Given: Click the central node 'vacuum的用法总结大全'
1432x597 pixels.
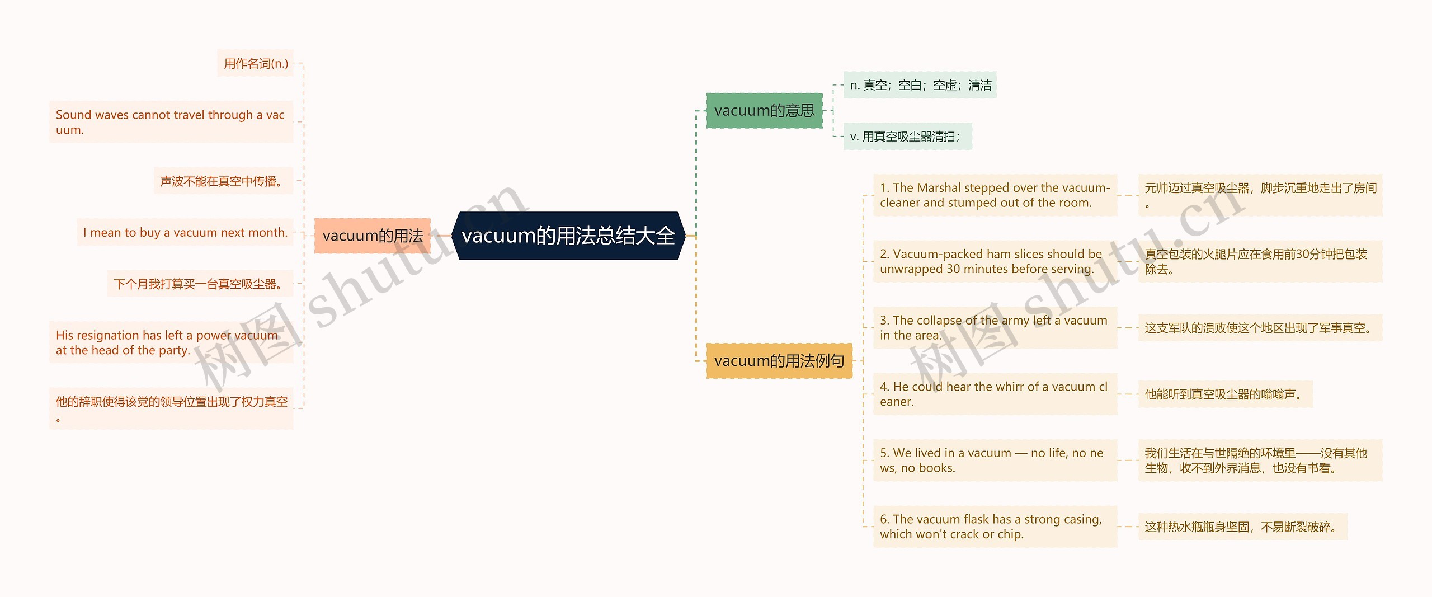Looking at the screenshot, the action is click(568, 236).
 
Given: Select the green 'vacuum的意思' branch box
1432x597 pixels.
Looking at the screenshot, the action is click(764, 111).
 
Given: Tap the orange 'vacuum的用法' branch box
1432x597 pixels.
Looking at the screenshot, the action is click(373, 236).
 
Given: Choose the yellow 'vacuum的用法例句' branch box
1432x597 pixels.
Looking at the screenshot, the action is click(779, 361).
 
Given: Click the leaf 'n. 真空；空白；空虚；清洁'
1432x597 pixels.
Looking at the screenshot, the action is click(920, 85).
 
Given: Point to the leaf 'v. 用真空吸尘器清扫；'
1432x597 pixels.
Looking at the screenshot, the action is click(907, 137).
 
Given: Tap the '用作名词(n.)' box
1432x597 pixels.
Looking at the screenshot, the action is click(256, 64).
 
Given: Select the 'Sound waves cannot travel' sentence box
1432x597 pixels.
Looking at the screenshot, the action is click(171, 122).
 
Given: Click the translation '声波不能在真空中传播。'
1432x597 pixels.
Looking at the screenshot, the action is click(223, 181).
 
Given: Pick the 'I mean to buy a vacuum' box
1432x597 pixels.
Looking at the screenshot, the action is click(185, 232).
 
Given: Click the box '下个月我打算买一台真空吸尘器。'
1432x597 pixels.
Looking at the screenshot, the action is click(200, 284).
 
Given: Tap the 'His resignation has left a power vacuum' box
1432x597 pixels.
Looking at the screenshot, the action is click(171, 342).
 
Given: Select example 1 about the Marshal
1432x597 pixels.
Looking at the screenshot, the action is click(995, 195).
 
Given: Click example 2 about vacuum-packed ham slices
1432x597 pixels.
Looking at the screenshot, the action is click(995, 261).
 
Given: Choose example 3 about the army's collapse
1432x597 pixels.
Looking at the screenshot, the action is click(995, 328).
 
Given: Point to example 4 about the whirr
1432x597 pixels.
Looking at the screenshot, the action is click(995, 394).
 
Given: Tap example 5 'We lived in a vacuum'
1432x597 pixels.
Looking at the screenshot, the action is click(995, 460).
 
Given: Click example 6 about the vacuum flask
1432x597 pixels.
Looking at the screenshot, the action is click(995, 527).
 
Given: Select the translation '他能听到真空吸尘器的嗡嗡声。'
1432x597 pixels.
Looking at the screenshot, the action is click(1225, 394).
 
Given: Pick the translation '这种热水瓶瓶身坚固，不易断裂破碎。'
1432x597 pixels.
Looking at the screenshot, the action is click(1242, 527).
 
